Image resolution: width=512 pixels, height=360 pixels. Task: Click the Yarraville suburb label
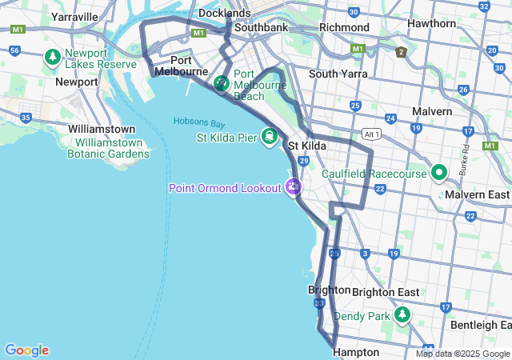coord(74,16)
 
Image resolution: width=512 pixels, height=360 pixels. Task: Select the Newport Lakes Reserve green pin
coord(53,58)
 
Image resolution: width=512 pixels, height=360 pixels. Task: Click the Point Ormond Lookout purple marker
coord(294,187)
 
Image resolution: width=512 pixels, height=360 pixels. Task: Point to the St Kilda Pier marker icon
coord(270,138)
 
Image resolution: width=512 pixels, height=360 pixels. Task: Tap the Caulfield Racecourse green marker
coord(439,173)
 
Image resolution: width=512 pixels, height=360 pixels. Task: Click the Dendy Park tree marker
coord(403,315)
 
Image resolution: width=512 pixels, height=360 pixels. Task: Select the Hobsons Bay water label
coord(199,122)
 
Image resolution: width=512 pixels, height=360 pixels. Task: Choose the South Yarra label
coord(338,74)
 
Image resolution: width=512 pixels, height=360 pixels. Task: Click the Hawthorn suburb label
coord(430,23)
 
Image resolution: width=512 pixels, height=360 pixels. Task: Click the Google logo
coord(26,350)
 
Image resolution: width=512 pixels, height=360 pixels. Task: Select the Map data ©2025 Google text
coord(462,354)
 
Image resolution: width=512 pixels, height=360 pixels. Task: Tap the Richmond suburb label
coord(344,27)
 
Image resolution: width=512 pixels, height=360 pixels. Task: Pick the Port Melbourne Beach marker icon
coord(222,82)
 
